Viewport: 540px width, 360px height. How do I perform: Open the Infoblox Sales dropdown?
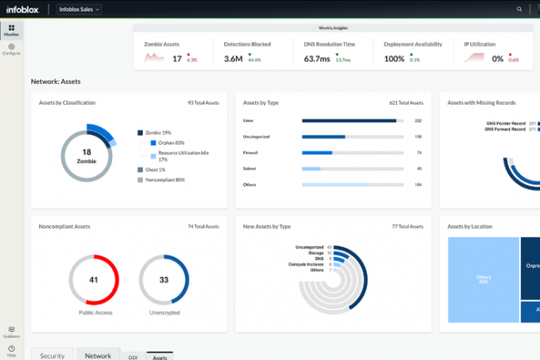tap(80, 9)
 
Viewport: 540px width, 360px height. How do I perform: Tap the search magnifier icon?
tap(520, 9)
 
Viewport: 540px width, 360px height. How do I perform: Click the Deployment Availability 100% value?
tap(395, 59)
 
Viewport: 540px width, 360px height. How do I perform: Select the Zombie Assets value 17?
tap(177, 59)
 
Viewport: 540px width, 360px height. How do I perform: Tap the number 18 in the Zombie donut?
tap(86, 151)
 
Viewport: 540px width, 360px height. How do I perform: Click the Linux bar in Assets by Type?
tap(349, 121)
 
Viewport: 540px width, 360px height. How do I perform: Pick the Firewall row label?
tap(252, 153)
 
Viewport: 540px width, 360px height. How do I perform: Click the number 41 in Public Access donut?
tap(93, 279)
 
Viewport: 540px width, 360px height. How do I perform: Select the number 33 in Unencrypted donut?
tap(163, 279)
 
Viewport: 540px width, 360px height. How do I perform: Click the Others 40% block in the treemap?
tap(484, 279)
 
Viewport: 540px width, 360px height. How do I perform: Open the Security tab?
tap(52, 355)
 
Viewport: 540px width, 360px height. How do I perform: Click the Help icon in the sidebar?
tap(12, 350)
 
